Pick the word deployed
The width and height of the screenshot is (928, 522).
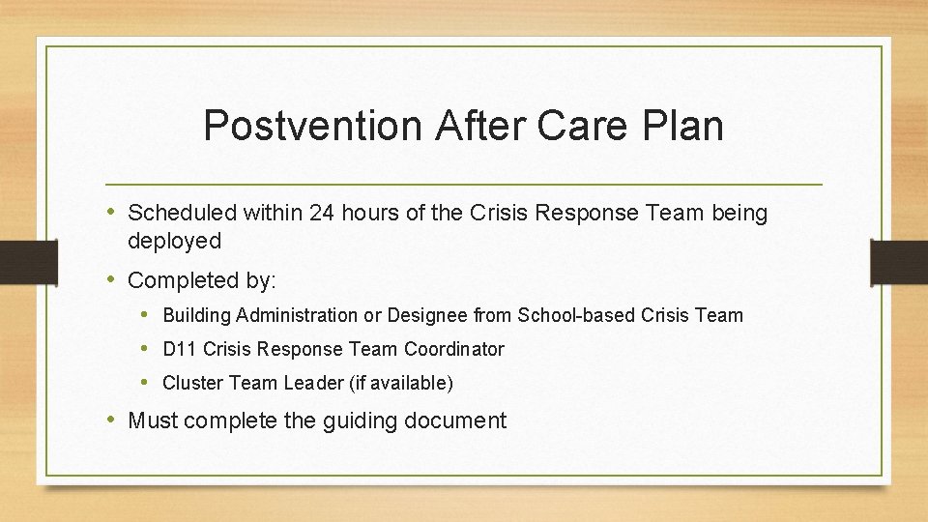click(x=174, y=241)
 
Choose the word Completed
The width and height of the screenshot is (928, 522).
click(x=184, y=281)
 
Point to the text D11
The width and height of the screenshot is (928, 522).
click(x=176, y=349)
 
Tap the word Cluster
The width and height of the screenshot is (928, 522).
click(x=192, y=383)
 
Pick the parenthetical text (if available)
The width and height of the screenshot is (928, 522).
click(x=400, y=383)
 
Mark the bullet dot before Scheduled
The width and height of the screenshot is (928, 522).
click(x=113, y=213)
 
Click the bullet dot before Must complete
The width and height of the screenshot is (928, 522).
click(x=113, y=420)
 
